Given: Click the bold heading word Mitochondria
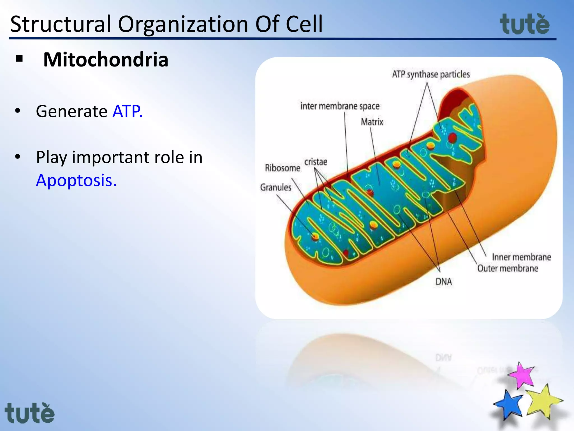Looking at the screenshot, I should click(x=106, y=60).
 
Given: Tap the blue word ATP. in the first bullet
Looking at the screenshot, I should click(x=128, y=111).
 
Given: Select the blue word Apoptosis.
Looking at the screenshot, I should click(x=76, y=180).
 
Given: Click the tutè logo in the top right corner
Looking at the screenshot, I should click(x=525, y=24).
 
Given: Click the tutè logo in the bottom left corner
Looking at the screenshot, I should click(x=29, y=413).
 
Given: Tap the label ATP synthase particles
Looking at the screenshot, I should click(x=431, y=74).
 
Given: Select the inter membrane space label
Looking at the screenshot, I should click(x=340, y=106).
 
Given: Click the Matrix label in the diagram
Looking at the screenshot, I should click(x=372, y=122).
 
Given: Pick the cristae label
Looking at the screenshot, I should click(x=316, y=162).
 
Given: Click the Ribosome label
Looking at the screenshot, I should click(x=283, y=168).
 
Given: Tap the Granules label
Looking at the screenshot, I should click(x=276, y=187).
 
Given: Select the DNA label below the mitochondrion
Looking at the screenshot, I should click(x=443, y=281).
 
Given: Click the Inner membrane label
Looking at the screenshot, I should click(x=521, y=257).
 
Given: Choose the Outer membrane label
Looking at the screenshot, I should click(x=508, y=269).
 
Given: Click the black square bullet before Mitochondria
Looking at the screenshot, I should click(x=19, y=59).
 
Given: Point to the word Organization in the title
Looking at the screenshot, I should click(x=183, y=24).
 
